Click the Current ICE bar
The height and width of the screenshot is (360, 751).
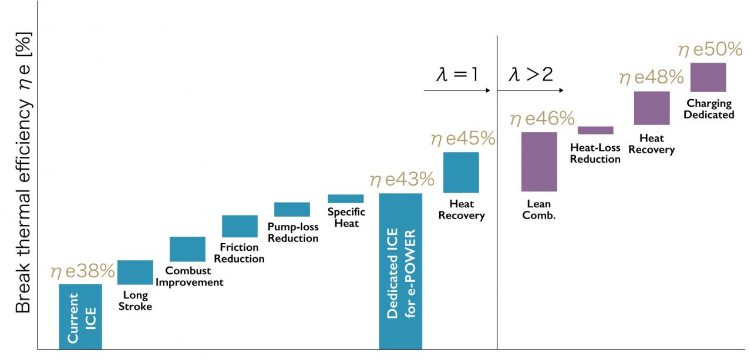tap(80, 317)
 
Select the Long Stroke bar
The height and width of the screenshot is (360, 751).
tap(135, 272)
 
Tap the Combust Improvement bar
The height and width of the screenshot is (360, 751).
tap(187, 249)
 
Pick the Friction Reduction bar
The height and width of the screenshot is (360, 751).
tap(240, 226)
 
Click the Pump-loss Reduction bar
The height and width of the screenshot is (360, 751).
tap(292, 209)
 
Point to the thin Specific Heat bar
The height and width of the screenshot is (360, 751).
tap(346, 198)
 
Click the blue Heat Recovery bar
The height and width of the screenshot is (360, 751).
tap(461, 173)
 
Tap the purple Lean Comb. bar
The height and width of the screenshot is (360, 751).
tap(539, 162)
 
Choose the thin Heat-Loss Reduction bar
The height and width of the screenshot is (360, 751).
tap(595, 130)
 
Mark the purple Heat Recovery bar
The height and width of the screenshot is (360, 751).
tap(652, 108)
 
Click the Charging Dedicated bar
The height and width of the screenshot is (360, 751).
tap(708, 77)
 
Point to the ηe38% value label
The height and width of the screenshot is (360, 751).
tap(82, 271)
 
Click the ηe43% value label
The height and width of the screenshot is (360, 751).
tap(402, 180)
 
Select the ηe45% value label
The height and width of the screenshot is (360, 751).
tap(463, 140)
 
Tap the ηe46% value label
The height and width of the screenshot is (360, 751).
tap(541, 119)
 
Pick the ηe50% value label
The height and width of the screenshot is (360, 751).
tap(710, 51)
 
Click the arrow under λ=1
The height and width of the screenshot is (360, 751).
tap(456, 91)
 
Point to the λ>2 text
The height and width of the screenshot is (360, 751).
tap(530, 75)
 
